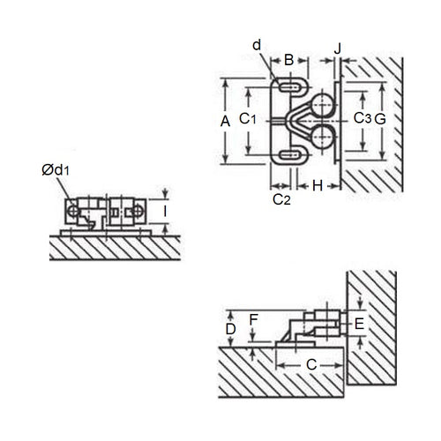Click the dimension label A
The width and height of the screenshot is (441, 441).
[x=224, y=120]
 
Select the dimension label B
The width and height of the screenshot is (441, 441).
[x=288, y=60]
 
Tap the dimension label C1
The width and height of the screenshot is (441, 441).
[x=250, y=119]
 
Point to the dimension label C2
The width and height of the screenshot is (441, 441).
[x=281, y=200]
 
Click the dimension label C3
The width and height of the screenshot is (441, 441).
[x=361, y=118]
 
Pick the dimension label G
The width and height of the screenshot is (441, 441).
[x=381, y=118]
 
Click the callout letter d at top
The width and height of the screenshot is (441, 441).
[x=257, y=44]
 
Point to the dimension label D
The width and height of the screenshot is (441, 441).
[x=230, y=329]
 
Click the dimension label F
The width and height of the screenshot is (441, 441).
[x=254, y=319]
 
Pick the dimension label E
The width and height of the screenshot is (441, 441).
[x=358, y=325]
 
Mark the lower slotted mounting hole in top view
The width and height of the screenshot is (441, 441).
[x=288, y=156]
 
